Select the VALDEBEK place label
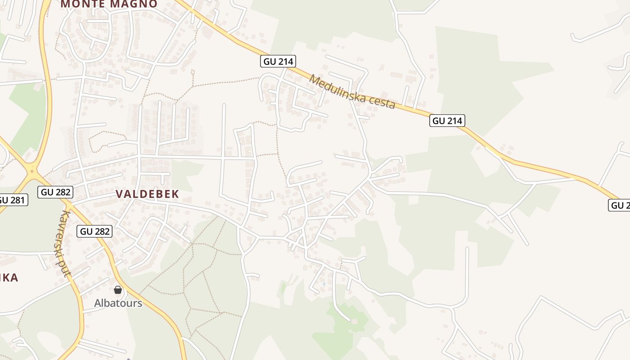(x=148, y=194)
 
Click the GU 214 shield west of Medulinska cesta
(x=279, y=61)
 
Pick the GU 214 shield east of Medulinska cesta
(x=447, y=121)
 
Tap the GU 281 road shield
(x=12, y=200)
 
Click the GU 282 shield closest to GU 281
(x=56, y=192)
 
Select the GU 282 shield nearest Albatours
(x=94, y=231)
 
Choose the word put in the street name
(x=67, y=270)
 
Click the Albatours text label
(x=118, y=303)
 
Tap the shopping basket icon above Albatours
(x=118, y=290)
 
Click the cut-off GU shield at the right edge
(x=621, y=206)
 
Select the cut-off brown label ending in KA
(x=9, y=278)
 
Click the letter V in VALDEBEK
(x=120, y=194)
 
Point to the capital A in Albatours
(x=97, y=303)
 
